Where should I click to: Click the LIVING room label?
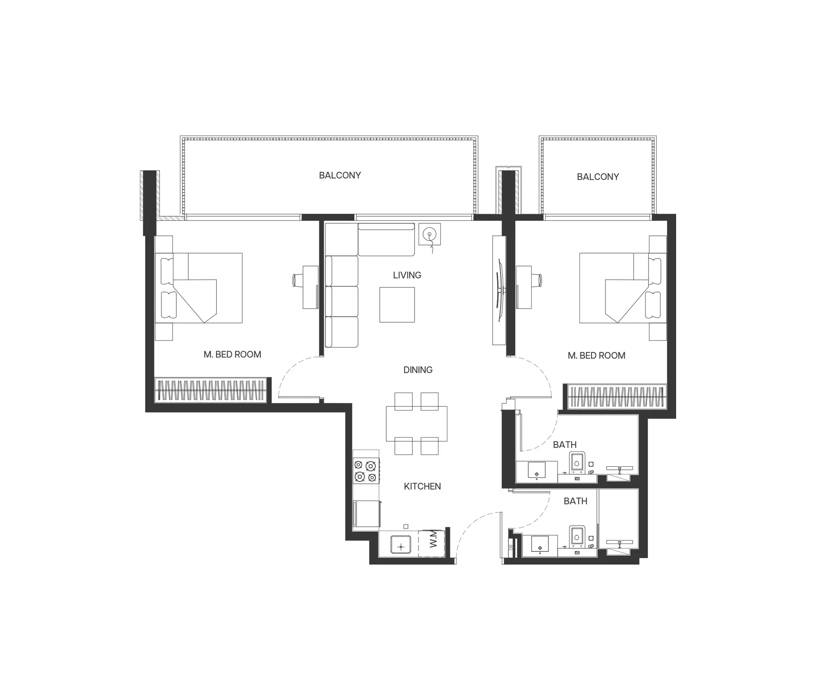(x=407, y=275)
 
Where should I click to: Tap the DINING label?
(x=418, y=370)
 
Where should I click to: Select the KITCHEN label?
(x=422, y=486)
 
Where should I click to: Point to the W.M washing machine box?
(x=432, y=543)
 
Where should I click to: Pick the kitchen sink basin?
(x=401, y=545)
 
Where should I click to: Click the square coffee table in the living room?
(x=397, y=304)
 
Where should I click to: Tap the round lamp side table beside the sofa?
(x=429, y=234)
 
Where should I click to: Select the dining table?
(x=416, y=423)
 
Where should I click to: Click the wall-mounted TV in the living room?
(x=500, y=290)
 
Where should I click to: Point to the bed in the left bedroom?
(x=199, y=288)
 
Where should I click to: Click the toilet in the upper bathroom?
(x=577, y=462)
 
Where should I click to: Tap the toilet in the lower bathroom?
(x=577, y=536)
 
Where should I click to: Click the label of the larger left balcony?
(x=340, y=175)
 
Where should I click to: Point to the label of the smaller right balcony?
(x=598, y=177)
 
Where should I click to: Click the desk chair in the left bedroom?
(x=296, y=280)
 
